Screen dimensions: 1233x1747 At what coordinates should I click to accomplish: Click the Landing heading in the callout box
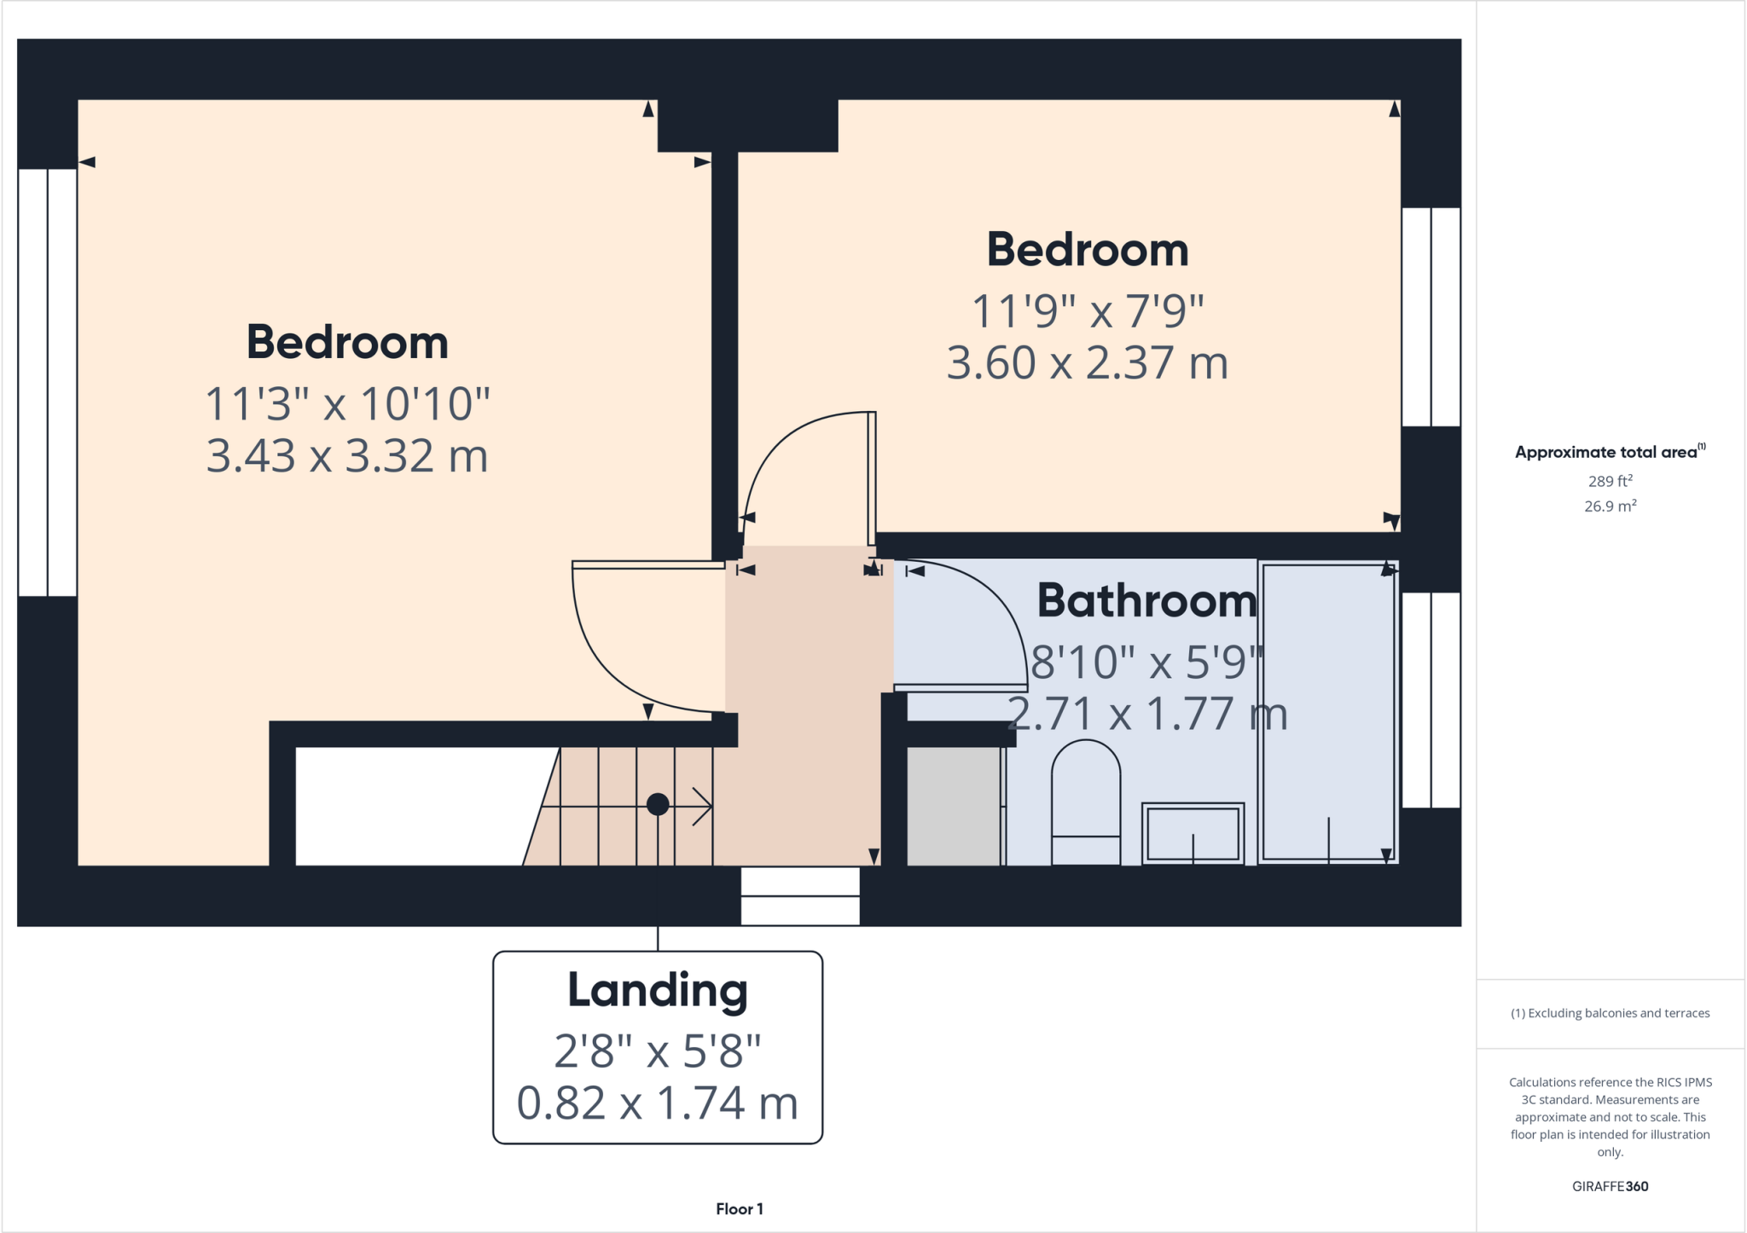657,991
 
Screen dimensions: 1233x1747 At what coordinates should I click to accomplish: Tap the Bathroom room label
1146,601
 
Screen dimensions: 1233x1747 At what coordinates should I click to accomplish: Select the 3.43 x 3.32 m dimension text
346,456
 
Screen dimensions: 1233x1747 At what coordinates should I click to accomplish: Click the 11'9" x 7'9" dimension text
1087,311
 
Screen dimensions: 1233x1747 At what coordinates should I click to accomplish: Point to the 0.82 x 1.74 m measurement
657,1103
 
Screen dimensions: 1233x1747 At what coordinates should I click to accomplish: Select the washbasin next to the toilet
1192,833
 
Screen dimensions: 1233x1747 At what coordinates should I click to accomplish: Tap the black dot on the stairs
657,804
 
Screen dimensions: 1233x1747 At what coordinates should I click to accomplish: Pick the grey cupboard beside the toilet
953,806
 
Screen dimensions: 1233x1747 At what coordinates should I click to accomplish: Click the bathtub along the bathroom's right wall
1327,712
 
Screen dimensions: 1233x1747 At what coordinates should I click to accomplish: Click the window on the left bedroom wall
48,382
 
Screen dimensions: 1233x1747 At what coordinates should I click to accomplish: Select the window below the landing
799,896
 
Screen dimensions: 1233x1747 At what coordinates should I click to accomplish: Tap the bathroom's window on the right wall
1431,699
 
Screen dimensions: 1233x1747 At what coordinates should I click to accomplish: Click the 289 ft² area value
1610,481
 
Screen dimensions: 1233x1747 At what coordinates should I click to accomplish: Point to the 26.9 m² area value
1610,507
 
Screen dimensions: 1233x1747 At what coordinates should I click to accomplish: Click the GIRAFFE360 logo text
1610,1186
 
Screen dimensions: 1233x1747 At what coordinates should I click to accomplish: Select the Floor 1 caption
739,1209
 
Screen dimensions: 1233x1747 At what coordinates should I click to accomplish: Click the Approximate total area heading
1606,453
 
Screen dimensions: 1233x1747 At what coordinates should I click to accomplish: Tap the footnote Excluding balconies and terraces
1610,1013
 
